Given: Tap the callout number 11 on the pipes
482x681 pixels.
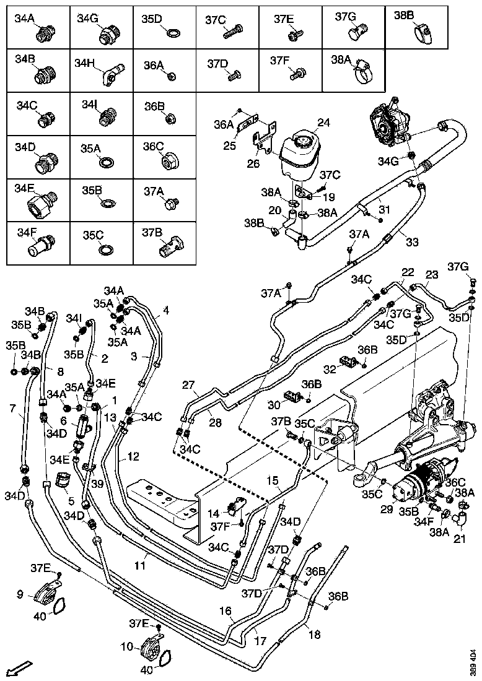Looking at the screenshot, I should pyautogui.click(x=141, y=565).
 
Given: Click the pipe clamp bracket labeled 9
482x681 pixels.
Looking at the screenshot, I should pyautogui.click(x=45, y=594).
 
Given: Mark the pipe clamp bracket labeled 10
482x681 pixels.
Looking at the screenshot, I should pyautogui.click(x=151, y=648).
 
